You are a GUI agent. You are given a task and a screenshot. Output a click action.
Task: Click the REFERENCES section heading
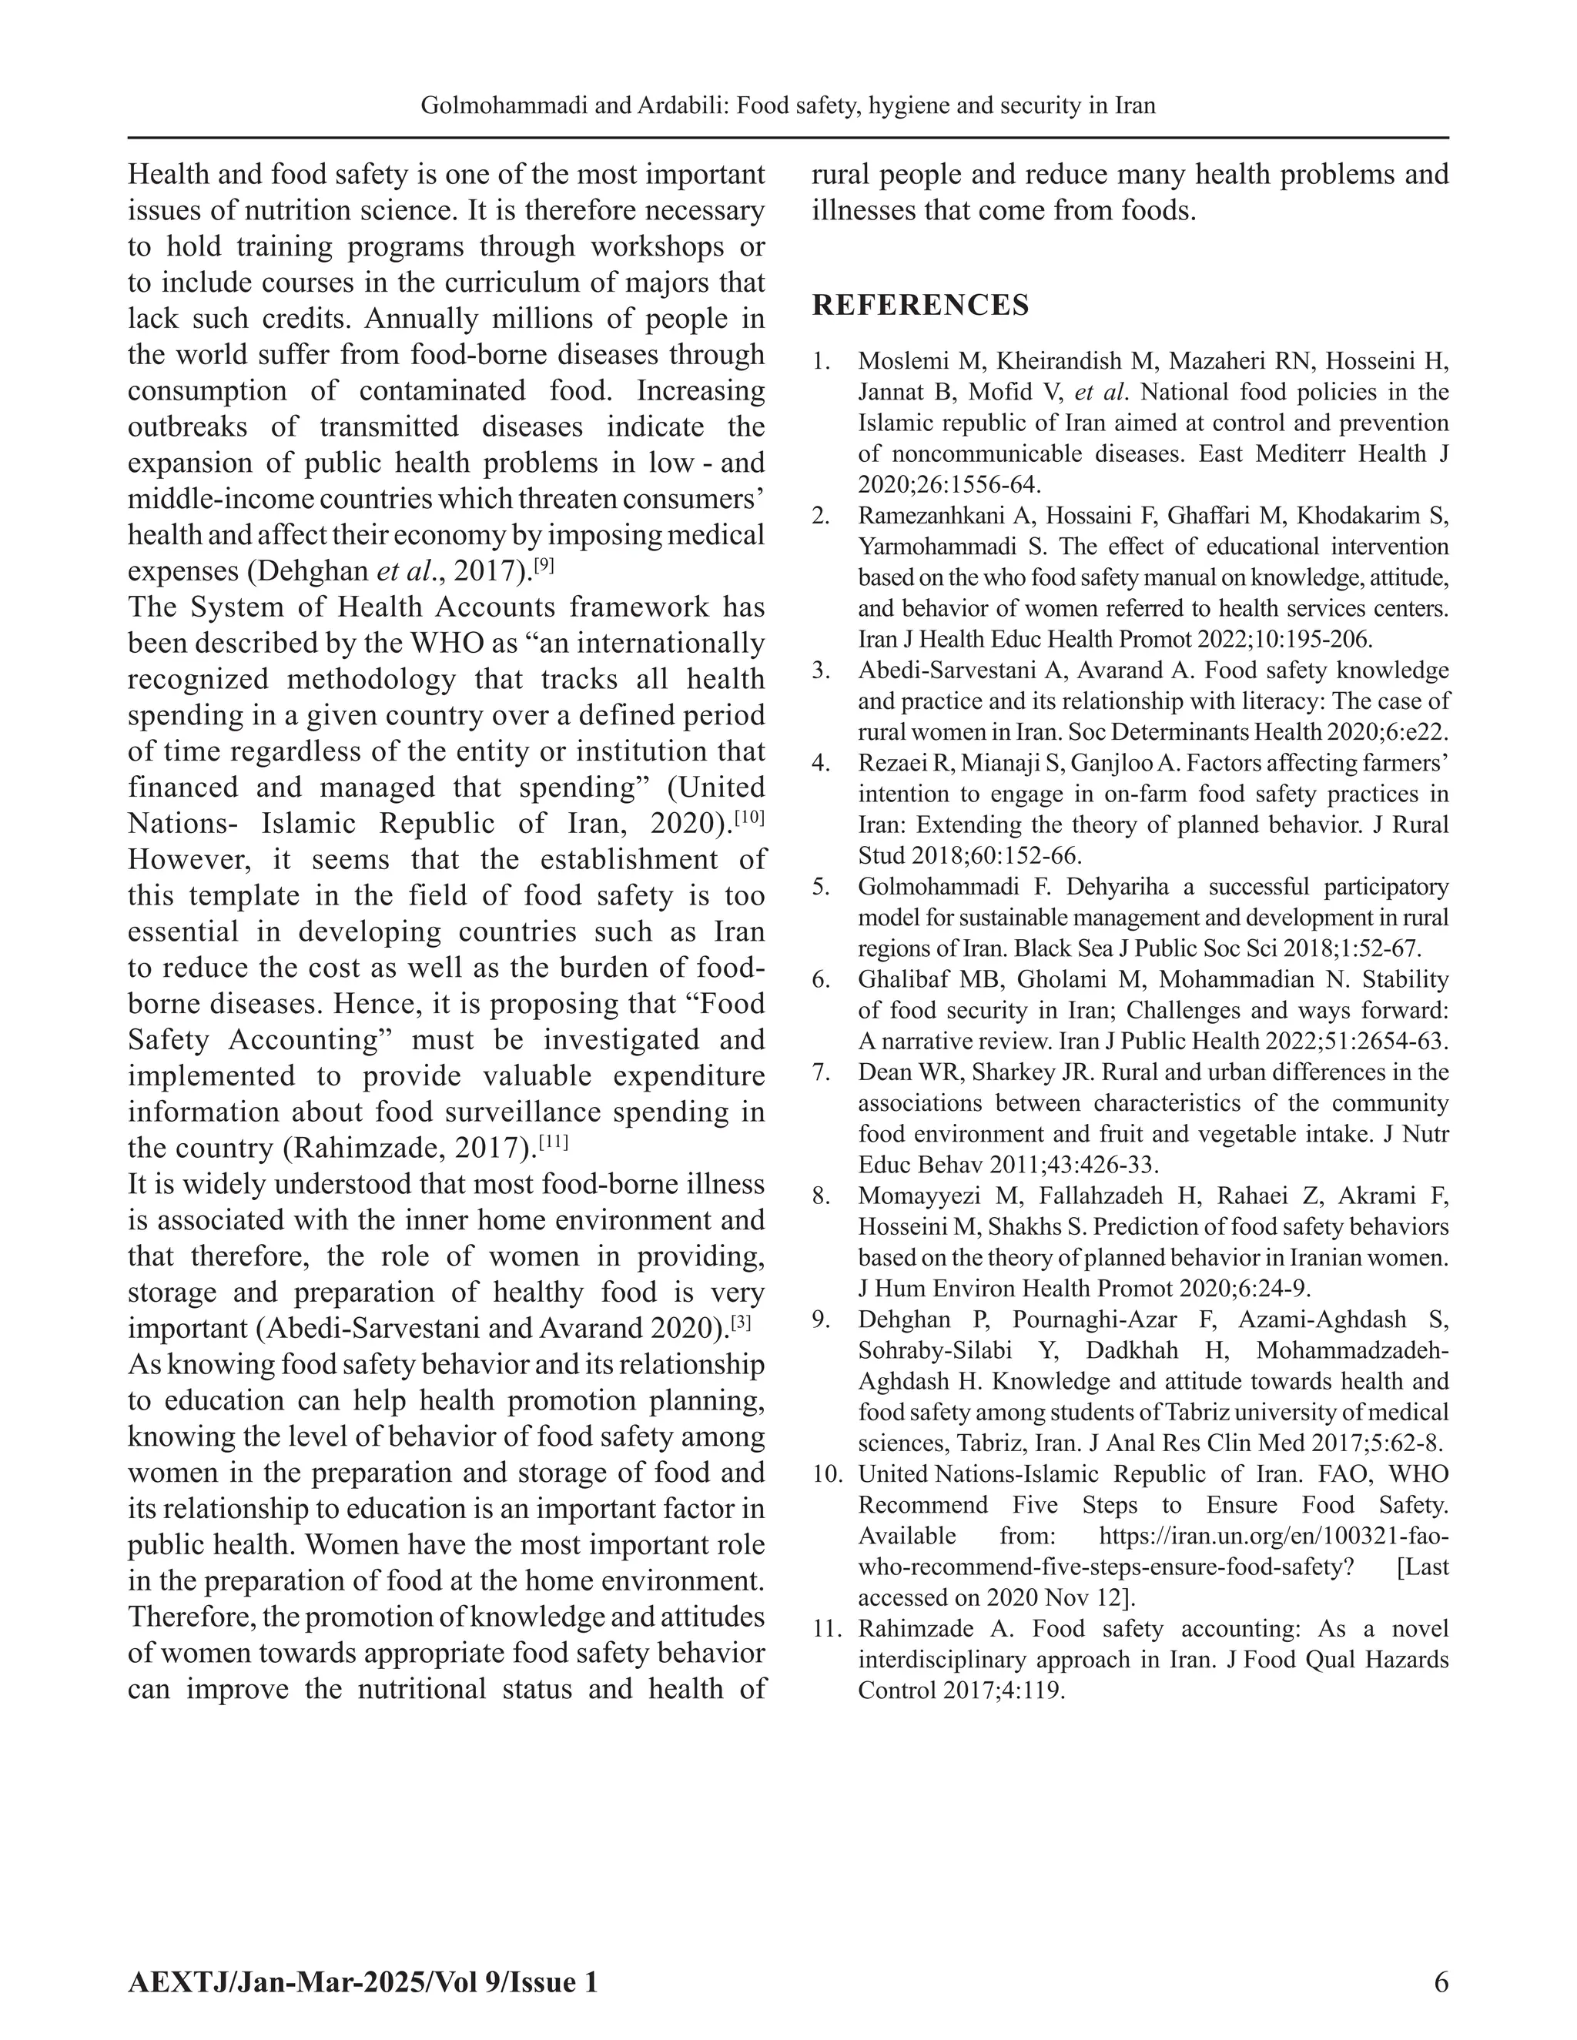920,306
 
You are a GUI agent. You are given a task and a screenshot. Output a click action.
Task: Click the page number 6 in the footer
1441,1982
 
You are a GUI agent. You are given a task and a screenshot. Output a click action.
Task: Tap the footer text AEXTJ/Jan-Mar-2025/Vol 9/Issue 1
363,1982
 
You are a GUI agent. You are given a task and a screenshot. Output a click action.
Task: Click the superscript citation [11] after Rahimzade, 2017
553,1141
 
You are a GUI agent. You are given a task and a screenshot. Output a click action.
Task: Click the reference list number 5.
820,886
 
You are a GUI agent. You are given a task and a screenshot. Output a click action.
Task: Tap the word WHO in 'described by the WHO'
454,644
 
